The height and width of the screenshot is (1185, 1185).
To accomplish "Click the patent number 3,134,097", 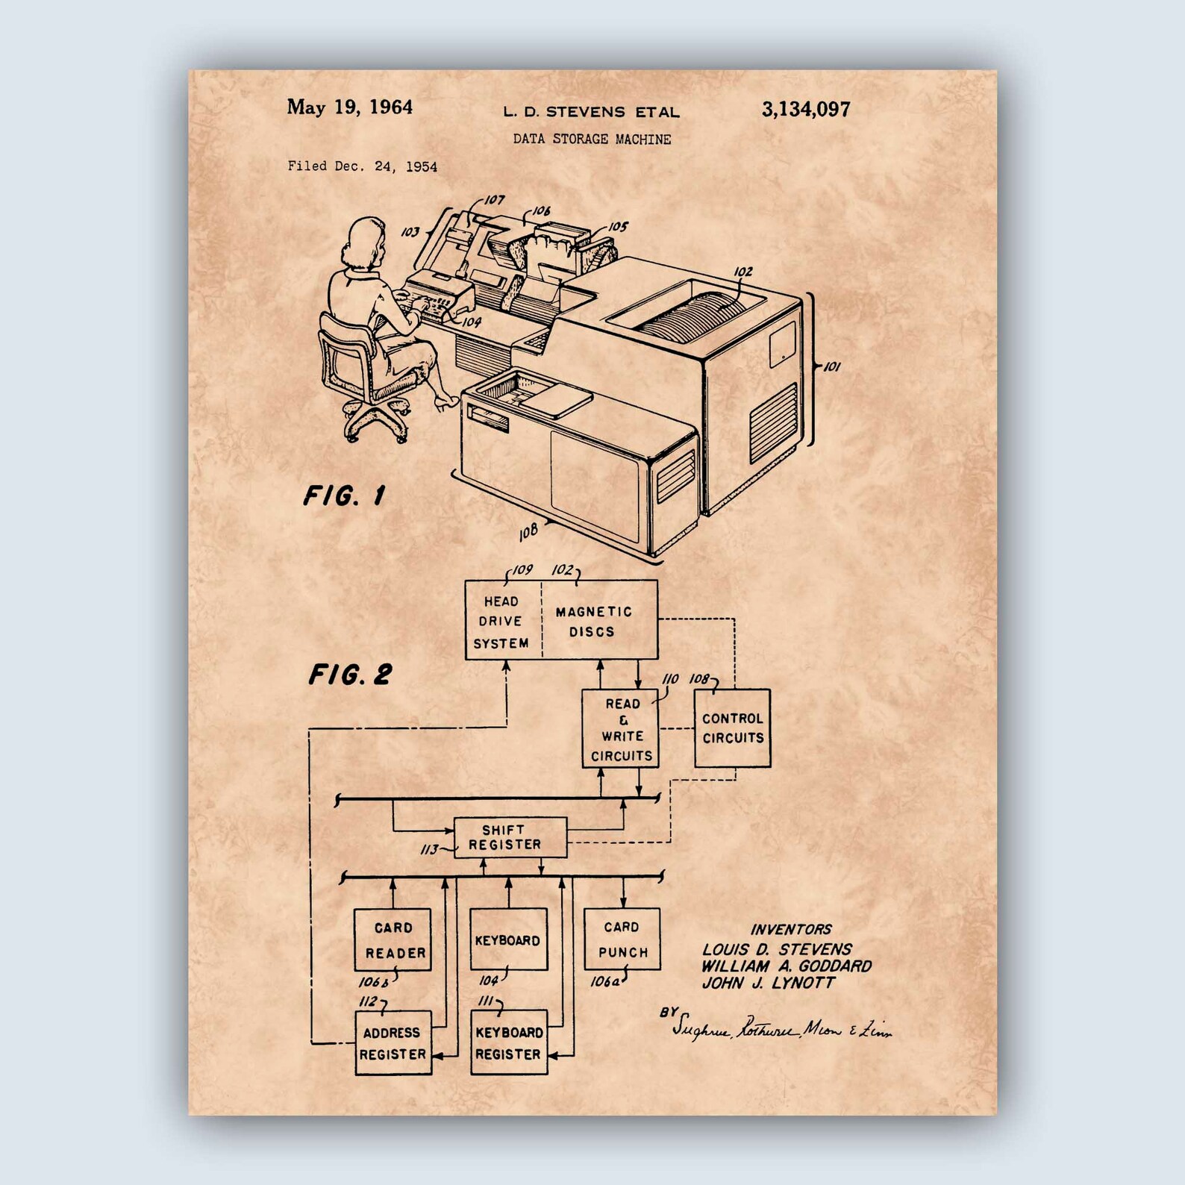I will tap(805, 110).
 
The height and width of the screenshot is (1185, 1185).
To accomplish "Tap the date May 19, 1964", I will tap(349, 107).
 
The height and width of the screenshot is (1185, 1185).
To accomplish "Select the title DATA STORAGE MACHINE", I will tap(592, 139).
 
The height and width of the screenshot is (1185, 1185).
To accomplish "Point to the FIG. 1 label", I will tap(344, 496).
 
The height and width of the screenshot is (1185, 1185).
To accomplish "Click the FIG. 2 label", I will tap(350, 675).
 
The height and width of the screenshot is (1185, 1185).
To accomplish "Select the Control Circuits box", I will tap(732, 728).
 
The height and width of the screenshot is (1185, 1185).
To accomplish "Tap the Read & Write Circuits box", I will tap(622, 729).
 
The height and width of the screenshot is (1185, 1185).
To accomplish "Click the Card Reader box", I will tap(393, 939).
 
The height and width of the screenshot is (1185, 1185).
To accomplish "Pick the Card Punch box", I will tap(622, 939).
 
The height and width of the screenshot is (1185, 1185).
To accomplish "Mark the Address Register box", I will tap(393, 1042).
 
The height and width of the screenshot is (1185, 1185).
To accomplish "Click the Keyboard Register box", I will tap(509, 1042).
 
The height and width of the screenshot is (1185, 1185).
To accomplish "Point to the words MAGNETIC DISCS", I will tap(593, 622).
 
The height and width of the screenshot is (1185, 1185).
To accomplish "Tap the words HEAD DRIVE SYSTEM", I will tap(501, 622).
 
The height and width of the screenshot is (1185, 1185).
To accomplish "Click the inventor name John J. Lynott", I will tap(768, 983).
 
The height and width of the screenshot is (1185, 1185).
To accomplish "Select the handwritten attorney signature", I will tap(781, 1029).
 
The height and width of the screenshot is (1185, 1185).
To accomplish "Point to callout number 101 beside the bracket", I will tap(831, 366).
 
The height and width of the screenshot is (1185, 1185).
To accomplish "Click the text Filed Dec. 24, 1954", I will tap(363, 166).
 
